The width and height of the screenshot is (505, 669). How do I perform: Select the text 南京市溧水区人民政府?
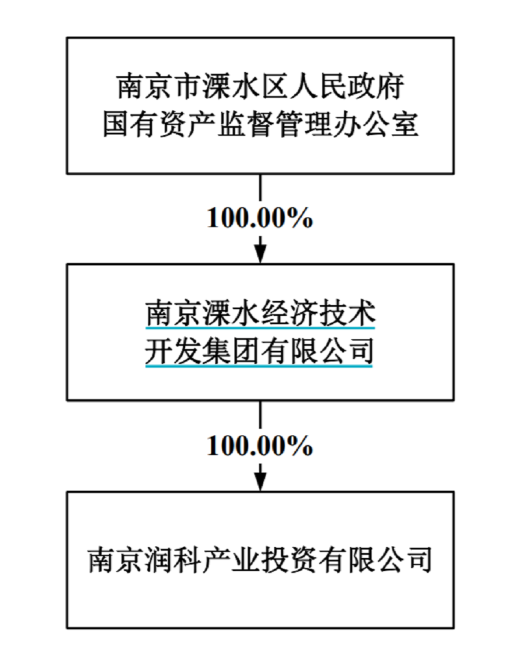tap(260, 88)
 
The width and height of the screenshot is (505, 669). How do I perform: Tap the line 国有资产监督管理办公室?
tap(260, 126)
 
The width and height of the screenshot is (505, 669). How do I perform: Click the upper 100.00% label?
tap(260, 219)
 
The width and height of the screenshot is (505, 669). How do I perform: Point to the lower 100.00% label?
tap(260, 446)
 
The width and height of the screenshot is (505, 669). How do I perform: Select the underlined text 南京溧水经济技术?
tap(260, 313)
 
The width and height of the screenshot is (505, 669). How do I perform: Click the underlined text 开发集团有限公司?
tap(260, 351)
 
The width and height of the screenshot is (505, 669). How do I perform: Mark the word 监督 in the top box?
tap(260, 126)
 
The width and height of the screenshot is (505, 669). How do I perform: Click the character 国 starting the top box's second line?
tap(115, 126)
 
